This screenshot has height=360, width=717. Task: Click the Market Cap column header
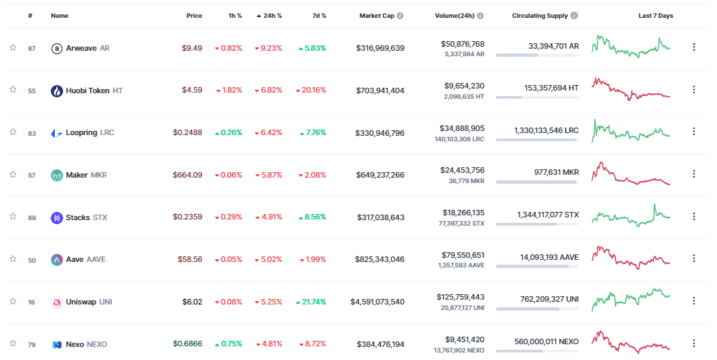[377, 16]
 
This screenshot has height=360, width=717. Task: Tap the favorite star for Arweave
[12, 47]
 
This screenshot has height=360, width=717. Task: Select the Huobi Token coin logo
[57, 91]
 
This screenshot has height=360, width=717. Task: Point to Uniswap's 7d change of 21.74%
[311, 302]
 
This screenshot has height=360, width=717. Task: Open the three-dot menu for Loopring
[694, 132]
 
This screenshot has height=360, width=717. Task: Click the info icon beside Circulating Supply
[574, 16]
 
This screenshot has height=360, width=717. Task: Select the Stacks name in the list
[78, 217]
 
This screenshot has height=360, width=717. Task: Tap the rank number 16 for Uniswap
[32, 302]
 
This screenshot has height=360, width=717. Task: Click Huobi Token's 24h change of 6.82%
[268, 91]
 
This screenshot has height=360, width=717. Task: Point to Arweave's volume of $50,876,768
[462, 44]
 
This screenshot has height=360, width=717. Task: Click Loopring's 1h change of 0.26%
[228, 132]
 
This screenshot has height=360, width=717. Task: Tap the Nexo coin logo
[57, 344]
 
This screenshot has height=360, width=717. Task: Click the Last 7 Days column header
[655, 16]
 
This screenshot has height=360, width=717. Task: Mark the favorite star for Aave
[12, 259]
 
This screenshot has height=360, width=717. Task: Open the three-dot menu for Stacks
[694, 217]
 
